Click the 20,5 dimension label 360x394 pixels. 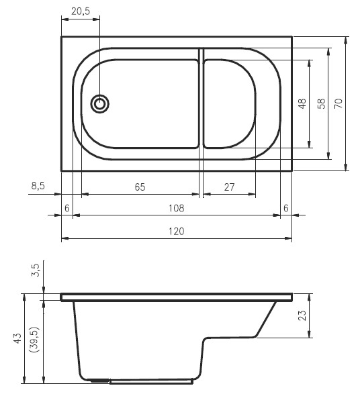point(81,11)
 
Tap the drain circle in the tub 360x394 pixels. point(100,104)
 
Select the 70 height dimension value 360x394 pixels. point(339,103)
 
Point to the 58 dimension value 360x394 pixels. point(321,103)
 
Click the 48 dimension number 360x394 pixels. point(302,103)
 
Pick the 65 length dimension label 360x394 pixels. point(140,187)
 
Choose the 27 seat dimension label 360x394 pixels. point(229,187)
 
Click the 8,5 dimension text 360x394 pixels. point(38,186)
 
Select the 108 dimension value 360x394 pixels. point(176,208)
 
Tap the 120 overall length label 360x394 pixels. point(176,231)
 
